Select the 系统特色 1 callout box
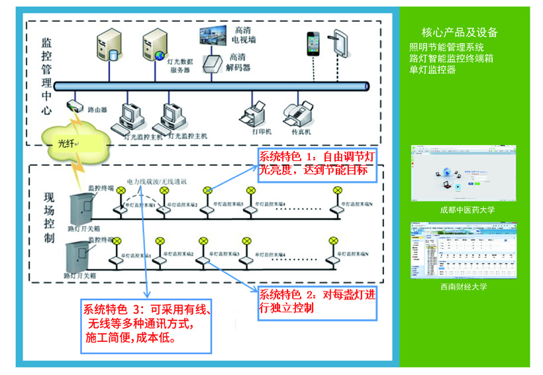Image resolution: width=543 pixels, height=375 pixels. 315,164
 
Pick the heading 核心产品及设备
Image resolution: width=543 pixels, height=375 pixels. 460,32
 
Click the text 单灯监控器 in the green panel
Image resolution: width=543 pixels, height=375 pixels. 433,69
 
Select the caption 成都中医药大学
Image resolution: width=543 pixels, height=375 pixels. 468,210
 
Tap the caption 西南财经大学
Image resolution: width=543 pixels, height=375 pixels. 464,287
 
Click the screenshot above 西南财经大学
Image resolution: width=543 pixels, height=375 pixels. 464,252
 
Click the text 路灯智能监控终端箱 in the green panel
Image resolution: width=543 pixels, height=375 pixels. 452,58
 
